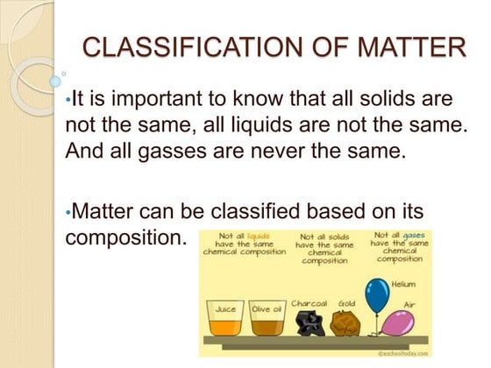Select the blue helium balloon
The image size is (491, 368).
coord(377,295)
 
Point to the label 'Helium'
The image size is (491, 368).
coord(403,284)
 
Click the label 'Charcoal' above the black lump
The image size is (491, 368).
coord(309,303)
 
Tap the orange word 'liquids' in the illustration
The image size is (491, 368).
coord(259,237)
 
